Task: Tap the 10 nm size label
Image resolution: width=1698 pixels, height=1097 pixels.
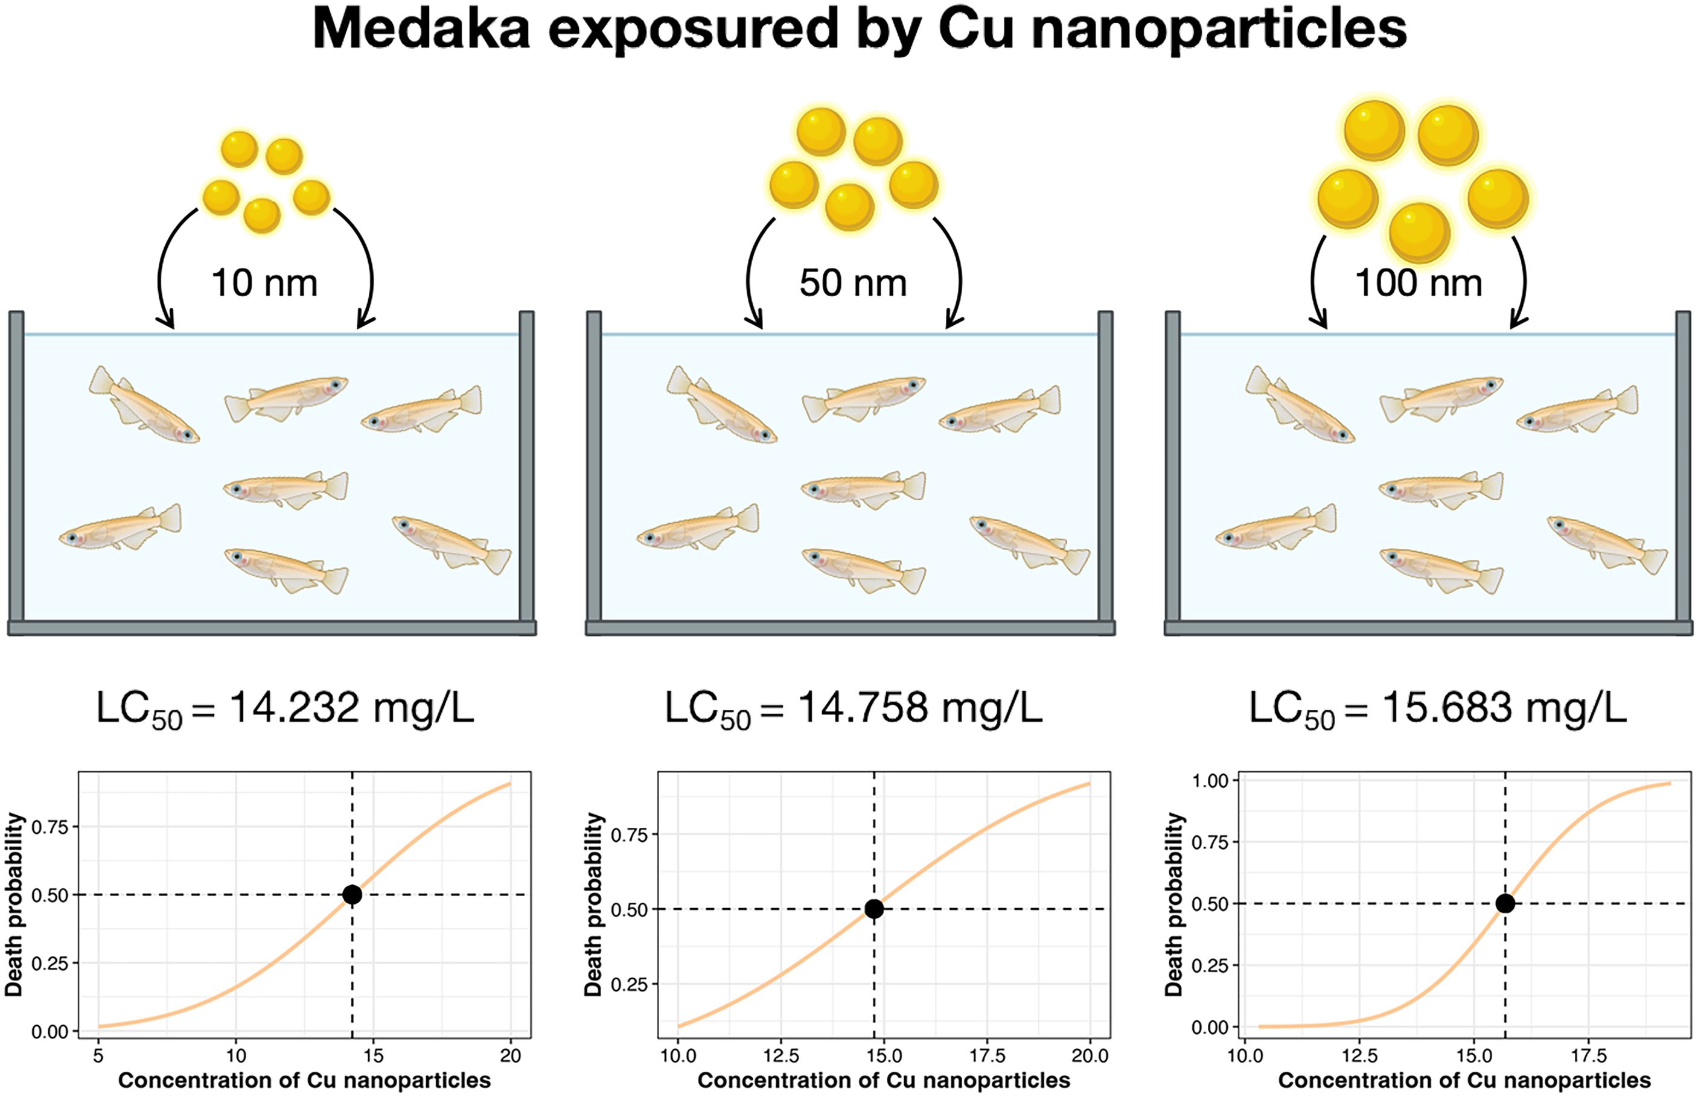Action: [264, 283]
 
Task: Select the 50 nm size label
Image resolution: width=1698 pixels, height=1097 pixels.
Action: [853, 283]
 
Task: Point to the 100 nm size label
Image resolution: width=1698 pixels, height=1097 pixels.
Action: [1418, 283]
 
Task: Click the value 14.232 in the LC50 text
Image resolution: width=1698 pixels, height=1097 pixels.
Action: [293, 708]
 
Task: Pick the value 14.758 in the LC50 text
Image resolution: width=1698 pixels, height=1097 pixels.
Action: [862, 708]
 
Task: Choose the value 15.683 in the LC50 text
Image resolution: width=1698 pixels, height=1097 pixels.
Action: [1446, 708]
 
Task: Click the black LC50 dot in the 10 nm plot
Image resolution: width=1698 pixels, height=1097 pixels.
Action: [352, 895]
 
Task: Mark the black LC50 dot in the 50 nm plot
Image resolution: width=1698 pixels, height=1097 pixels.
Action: [874, 909]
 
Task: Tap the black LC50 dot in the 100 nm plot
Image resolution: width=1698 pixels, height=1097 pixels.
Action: [1505, 903]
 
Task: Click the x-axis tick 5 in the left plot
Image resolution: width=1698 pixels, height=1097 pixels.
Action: [98, 1056]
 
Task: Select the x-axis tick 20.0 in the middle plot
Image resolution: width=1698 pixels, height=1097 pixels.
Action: [1090, 1056]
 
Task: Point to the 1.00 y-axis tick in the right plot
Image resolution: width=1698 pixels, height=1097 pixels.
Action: [1210, 781]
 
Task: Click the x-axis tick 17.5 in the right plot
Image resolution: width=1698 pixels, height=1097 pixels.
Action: [1588, 1056]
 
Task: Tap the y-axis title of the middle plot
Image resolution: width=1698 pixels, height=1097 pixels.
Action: [593, 905]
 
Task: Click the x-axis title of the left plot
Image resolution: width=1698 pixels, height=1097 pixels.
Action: [304, 1081]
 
